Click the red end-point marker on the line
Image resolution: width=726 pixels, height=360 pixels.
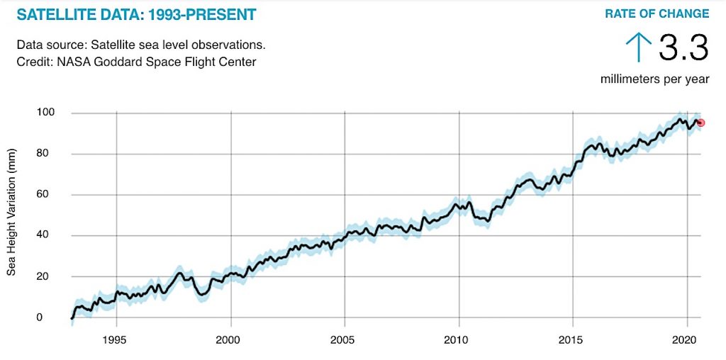tap(701, 123)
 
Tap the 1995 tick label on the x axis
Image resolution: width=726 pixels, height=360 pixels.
tap(116, 339)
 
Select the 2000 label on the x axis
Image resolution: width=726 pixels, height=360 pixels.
tap(230, 339)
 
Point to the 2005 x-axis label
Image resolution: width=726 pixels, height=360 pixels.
tap(345, 339)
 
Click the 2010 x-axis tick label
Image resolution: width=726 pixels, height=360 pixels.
tap(459, 339)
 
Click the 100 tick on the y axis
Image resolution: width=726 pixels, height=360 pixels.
tap(46, 113)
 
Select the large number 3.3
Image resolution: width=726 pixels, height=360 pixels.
tap(683, 48)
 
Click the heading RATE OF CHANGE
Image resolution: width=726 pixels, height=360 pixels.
tap(657, 13)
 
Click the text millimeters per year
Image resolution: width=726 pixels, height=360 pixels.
tap(654, 79)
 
